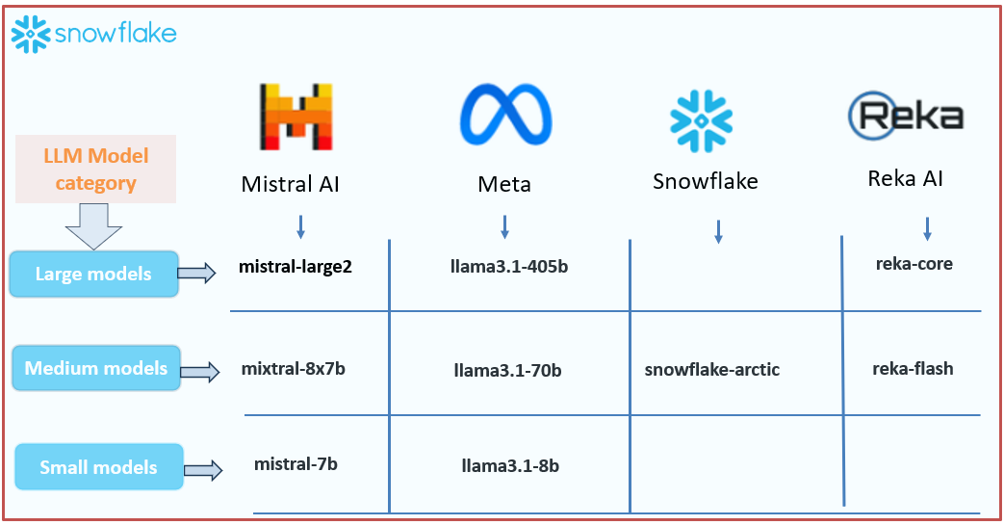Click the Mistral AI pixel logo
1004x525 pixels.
pyautogui.click(x=296, y=118)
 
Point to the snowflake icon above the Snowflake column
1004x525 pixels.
pyautogui.click(x=701, y=121)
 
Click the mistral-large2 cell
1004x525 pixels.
pyautogui.click(x=296, y=267)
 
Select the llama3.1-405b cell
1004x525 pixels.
pyautogui.click(x=509, y=267)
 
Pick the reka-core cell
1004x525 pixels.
pyautogui.click(x=914, y=263)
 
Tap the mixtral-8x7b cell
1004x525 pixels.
pyautogui.click(x=293, y=368)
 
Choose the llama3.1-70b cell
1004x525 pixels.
pyautogui.click(x=507, y=369)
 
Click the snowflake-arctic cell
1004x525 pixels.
pyautogui.click(x=712, y=369)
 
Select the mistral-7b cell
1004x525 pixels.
pyautogui.click(x=296, y=464)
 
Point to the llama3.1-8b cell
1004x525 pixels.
pyautogui.click(x=510, y=466)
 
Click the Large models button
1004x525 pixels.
pyautogui.click(x=93, y=274)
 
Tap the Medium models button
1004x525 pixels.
pyautogui.click(x=96, y=368)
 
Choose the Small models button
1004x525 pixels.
pyautogui.click(x=98, y=467)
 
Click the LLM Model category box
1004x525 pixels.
pyautogui.click(x=95, y=169)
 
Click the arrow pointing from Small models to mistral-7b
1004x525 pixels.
pyautogui.click(x=203, y=470)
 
